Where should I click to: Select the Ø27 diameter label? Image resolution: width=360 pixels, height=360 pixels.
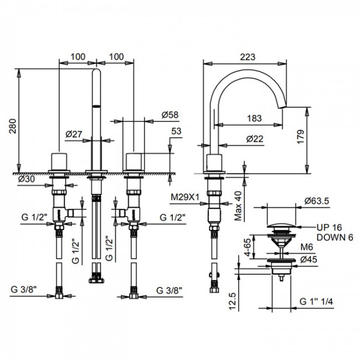pyautogui.click(x=74, y=134)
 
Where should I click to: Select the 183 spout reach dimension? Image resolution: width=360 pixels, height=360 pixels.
pyautogui.click(x=254, y=117)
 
